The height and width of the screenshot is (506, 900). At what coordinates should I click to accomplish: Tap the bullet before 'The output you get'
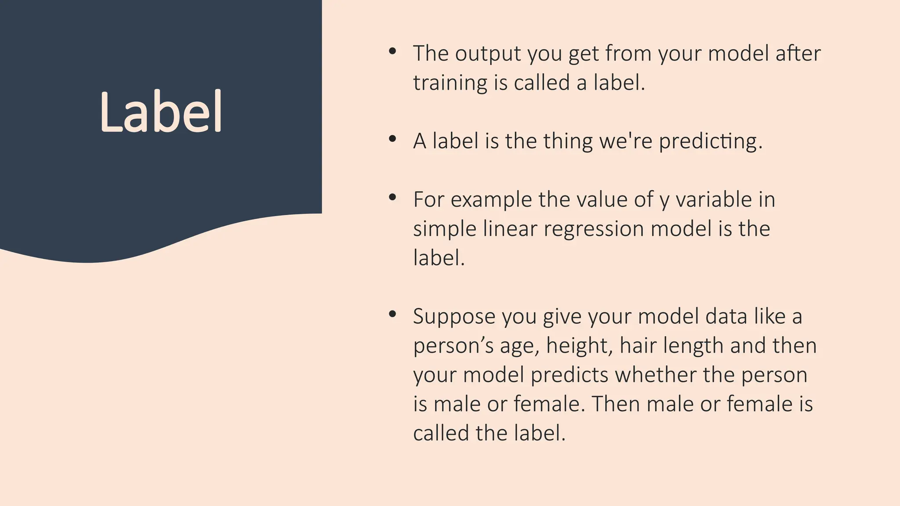tap(392, 51)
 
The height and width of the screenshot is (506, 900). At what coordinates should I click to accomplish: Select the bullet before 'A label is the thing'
tap(392, 139)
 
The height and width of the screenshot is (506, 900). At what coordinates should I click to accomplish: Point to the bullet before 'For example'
tap(392, 198)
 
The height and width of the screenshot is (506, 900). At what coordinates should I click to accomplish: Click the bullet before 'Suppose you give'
tap(392, 314)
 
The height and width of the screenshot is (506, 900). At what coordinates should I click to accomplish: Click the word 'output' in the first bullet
tap(487, 54)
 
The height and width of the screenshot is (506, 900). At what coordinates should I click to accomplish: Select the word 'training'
tap(450, 83)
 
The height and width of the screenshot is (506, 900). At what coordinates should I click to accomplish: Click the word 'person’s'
tap(453, 346)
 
